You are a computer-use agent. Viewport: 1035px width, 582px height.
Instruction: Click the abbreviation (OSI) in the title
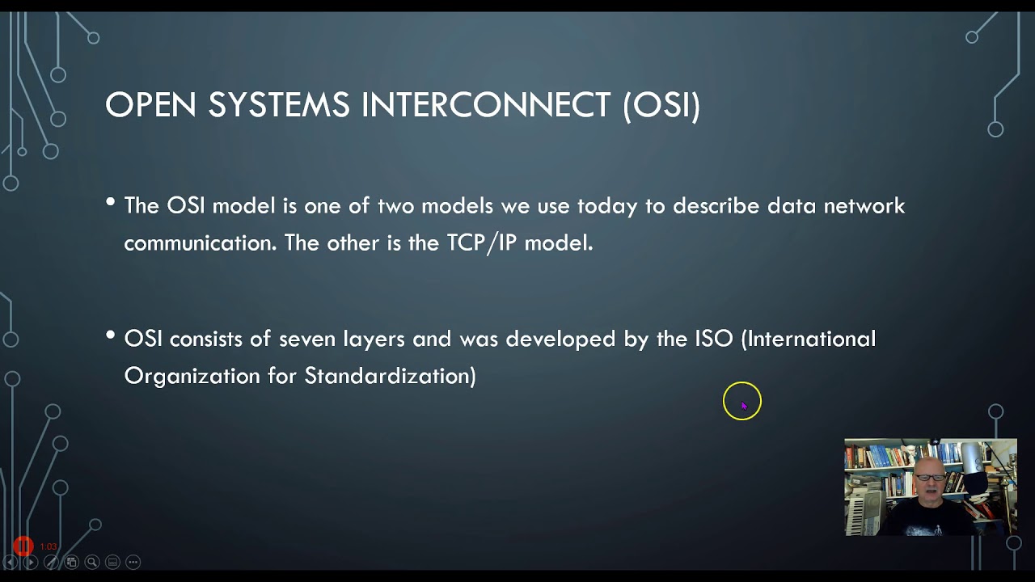click(661, 106)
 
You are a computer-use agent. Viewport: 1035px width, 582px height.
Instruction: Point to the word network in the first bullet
click(864, 206)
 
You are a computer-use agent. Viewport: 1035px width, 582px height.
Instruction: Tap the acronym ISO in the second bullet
click(713, 339)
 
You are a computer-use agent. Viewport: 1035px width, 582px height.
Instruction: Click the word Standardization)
click(390, 376)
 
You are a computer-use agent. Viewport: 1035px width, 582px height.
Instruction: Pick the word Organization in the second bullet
click(192, 376)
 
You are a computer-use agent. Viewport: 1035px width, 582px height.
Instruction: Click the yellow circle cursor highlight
click(741, 402)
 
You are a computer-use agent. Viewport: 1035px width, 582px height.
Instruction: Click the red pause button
click(23, 546)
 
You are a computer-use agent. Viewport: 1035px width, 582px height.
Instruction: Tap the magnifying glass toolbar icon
click(92, 562)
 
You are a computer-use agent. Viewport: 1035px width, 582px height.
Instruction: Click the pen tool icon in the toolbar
click(51, 562)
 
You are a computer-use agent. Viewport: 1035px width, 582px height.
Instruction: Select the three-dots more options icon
click(133, 562)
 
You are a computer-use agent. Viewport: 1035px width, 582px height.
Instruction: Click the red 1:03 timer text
click(49, 546)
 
